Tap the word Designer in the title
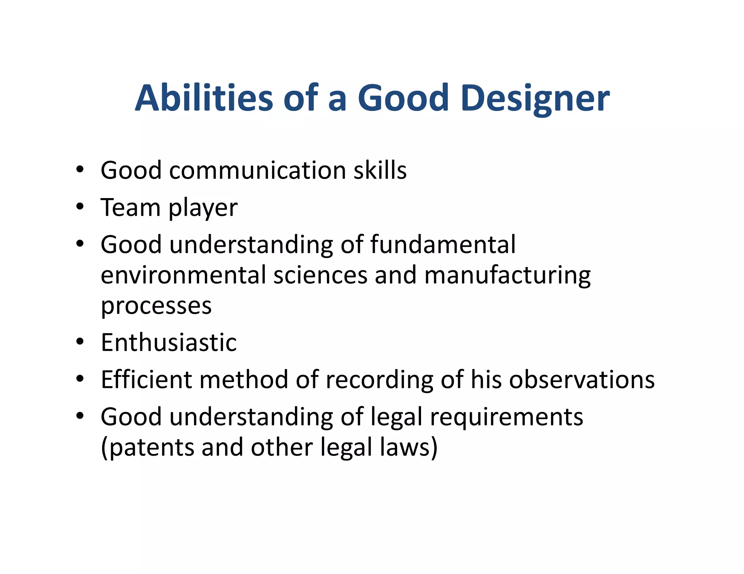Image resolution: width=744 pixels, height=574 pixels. (535, 99)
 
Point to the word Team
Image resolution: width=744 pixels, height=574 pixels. (130, 208)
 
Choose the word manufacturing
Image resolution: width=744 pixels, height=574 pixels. (507, 276)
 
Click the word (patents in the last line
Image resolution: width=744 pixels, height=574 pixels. (147, 448)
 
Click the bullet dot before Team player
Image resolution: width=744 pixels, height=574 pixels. (80, 207)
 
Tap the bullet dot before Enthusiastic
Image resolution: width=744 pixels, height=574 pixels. (80, 342)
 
